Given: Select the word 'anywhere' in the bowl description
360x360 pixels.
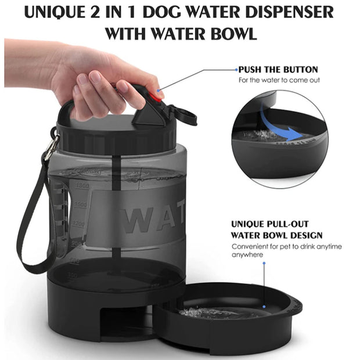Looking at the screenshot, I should (248, 254).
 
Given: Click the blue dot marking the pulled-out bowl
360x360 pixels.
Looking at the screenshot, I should (264, 263).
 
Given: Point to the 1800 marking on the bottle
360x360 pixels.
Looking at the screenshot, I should (81, 185).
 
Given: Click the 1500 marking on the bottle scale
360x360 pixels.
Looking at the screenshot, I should (80, 204).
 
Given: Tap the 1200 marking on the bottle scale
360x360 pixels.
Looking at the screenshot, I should (78, 223).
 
